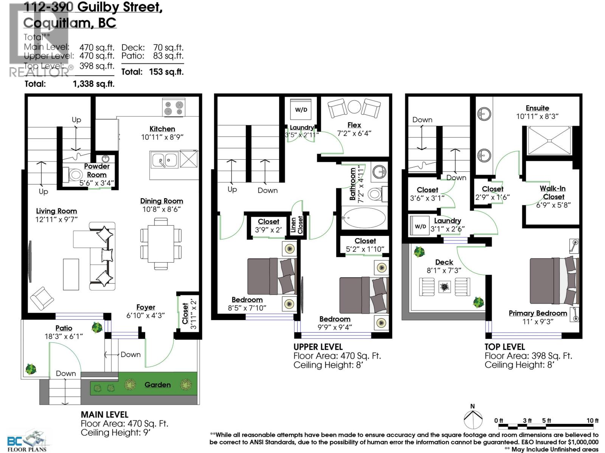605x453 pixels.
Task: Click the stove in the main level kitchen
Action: (x=174, y=107)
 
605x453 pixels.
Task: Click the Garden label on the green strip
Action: (x=157, y=385)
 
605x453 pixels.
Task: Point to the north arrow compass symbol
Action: (x=473, y=418)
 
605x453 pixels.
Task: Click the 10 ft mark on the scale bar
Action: (x=593, y=421)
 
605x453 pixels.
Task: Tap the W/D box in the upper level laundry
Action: (x=301, y=110)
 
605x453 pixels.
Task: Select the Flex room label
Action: (x=354, y=125)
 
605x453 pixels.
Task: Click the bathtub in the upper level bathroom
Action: (x=364, y=218)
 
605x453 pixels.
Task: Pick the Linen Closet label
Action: (x=297, y=225)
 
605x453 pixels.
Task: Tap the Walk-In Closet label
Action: (x=553, y=193)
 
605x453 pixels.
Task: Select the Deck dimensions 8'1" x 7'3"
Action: (x=444, y=271)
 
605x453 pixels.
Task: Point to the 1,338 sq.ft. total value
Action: (x=93, y=84)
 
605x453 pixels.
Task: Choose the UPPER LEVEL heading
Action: (x=318, y=347)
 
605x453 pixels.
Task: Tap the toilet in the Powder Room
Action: (x=74, y=175)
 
